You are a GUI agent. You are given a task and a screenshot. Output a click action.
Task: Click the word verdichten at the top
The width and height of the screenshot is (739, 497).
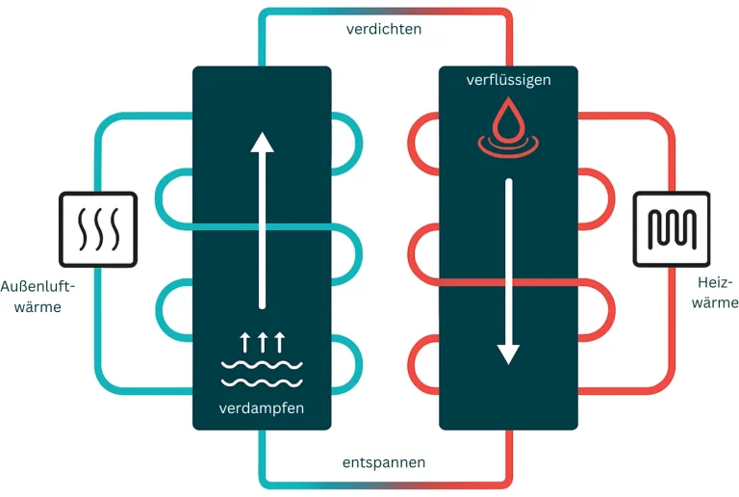pyautogui.click(x=384, y=29)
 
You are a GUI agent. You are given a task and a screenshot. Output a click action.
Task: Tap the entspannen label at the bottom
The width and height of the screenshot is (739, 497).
pyautogui.click(x=384, y=463)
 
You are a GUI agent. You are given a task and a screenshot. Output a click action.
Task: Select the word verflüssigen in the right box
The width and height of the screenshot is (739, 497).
pyautogui.click(x=508, y=80)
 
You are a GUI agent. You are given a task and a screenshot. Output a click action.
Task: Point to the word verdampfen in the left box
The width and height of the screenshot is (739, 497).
pyautogui.click(x=262, y=408)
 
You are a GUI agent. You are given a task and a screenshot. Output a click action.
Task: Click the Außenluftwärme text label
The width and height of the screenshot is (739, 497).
pyautogui.click(x=38, y=296)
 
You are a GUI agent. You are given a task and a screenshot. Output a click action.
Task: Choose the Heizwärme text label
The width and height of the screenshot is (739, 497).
pyautogui.click(x=715, y=292)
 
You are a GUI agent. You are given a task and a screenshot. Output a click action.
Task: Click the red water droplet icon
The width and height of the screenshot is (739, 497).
pyautogui.click(x=508, y=120)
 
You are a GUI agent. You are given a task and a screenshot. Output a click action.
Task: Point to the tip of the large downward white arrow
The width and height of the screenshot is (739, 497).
pyautogui.click(x=508, y=361)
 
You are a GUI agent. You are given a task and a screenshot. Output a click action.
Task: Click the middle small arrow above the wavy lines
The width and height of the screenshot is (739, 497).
pyautogui.click(x=262, y=340)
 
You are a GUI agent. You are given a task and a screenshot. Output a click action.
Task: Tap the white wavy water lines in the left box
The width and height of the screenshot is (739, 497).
pyautogui.click(x=262, y=372)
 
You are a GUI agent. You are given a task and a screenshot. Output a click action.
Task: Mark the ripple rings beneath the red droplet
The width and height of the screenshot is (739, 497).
pyautogui.click(x=508, y=146)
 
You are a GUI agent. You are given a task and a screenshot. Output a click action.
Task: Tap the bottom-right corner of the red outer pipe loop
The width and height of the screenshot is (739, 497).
pyautogui.click(x=667, y=385)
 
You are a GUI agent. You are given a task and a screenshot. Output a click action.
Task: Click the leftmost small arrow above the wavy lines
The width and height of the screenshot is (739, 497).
pyautogui.click(x=244, y=340)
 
